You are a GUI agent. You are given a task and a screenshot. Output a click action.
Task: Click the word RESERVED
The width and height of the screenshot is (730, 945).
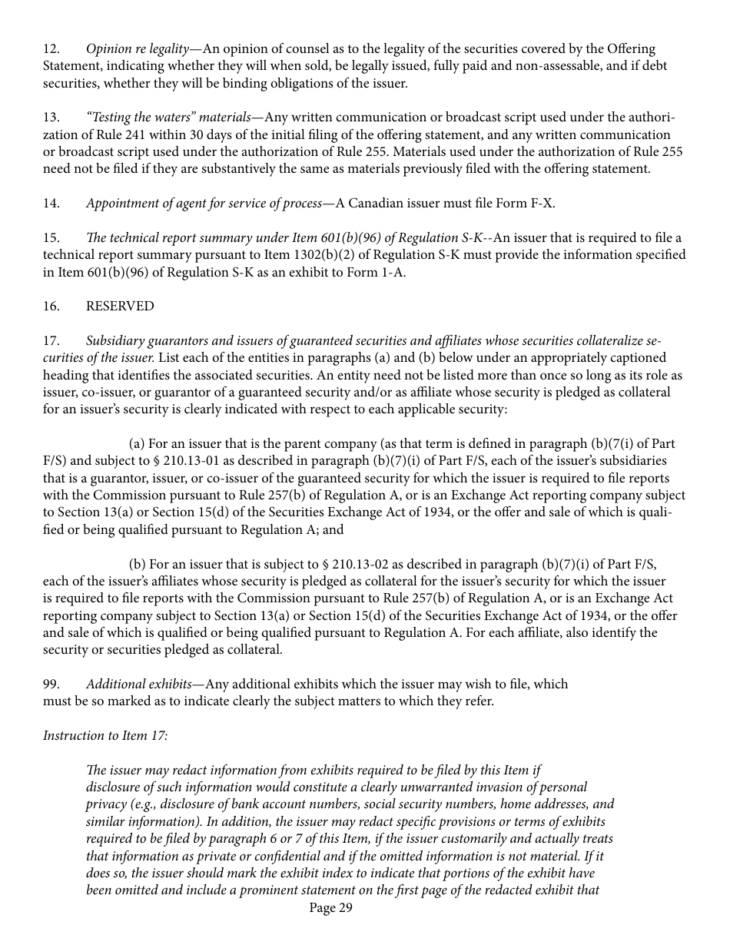[120, 306]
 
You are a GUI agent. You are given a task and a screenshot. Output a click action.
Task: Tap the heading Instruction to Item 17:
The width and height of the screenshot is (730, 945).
[105, 735]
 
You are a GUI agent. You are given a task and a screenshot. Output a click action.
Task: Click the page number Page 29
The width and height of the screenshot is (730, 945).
[330, 908]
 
